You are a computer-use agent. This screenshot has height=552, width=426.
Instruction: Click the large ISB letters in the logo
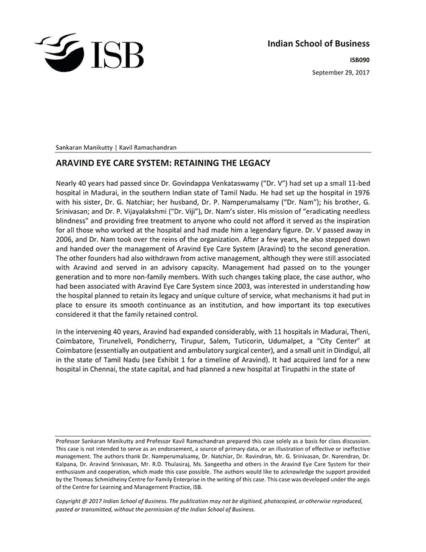tap(117, 55)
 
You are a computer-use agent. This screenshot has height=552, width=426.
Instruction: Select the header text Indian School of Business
tap(318, 43)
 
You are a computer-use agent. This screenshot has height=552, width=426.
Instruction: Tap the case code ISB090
tap(359, 60)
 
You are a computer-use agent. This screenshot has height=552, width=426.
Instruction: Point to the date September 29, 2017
tap(341, 72)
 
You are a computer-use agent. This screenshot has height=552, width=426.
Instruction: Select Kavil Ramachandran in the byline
tap(148, 147)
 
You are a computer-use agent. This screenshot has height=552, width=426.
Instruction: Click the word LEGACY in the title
tap(249, 163)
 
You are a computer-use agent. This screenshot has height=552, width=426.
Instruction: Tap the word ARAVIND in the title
tap(75, 163)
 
